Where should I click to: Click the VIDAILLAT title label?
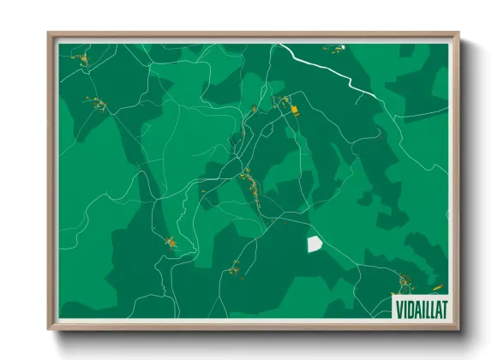click(x=421, y=306)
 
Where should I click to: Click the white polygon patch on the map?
click(x=315, y=244)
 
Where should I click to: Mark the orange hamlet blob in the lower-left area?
click(x=171, y=244)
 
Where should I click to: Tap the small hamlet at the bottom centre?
click(x=234, y=271)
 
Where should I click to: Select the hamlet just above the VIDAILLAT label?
click(x=404, y=281)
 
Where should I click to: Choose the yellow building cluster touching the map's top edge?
click(x=334, y=47)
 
